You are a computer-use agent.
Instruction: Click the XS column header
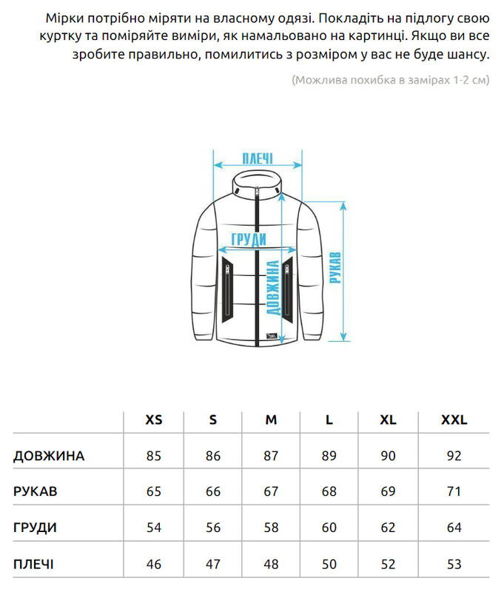153,420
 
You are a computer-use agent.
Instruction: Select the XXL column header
454,420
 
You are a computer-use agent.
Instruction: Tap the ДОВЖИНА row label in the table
49,456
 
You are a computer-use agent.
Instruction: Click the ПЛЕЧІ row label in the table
33,564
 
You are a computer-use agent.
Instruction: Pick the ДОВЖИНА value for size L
329,456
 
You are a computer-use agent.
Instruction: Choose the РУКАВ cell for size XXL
454,491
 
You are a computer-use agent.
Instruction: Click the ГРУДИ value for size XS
153,528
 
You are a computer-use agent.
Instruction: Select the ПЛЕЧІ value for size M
271,564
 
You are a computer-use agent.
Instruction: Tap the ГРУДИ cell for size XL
388,528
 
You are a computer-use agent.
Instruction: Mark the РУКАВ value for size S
213,491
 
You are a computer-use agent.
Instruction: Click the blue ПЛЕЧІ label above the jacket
258,158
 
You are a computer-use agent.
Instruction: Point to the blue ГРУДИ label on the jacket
249,239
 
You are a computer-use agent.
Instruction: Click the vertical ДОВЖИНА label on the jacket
272,295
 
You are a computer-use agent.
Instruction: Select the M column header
271,420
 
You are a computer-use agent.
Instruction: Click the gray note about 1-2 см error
390,79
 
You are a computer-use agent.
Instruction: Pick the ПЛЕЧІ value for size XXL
454,564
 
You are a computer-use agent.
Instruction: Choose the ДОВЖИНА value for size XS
153,456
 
